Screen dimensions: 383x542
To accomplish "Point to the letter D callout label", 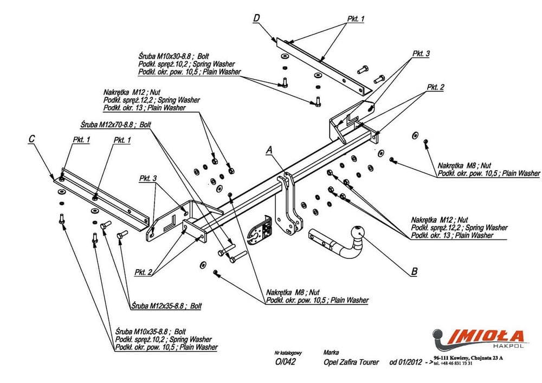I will (x=256, y=19).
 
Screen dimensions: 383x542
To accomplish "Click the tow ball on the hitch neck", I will (x=358, y=231).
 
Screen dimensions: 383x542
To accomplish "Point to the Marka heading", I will (x=331, y=352).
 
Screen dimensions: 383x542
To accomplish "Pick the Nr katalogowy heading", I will (x=288, y=353).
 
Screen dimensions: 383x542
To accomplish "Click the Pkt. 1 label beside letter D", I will (x=356, y=19).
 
